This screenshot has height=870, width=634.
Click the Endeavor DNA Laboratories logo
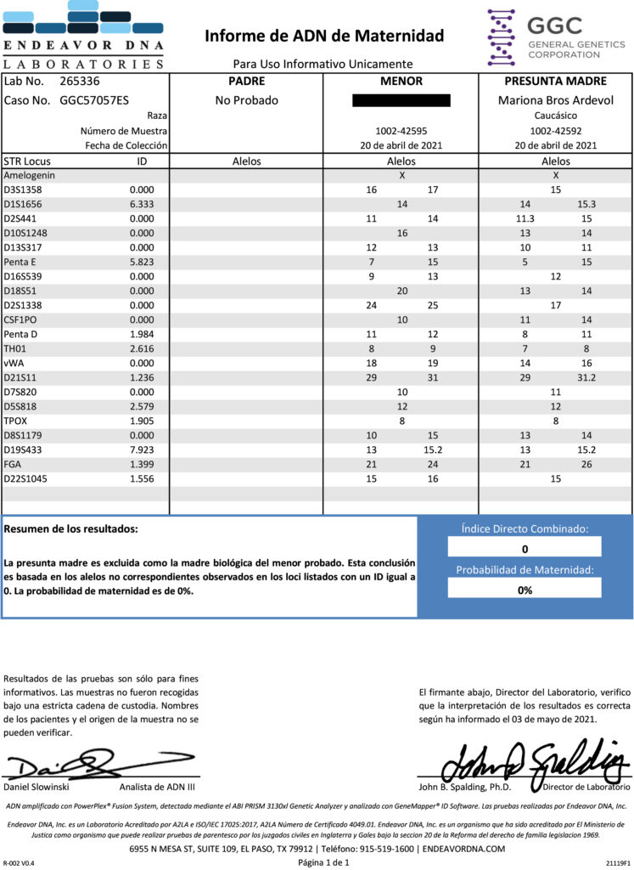pyautogui.click(x=82, y=35)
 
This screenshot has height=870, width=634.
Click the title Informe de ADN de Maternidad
pyautogui.click(x=323, y=36)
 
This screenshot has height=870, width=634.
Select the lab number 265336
pyautogui.click(x=80, y=82)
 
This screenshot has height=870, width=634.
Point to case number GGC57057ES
pyautogui.click(x=94, y=100)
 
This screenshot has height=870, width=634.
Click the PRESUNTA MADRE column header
pyautogui.click(x=555, y=82)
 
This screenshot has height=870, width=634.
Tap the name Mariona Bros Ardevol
pyautogui.click(x=555, y=100)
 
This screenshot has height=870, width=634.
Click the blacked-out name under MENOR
pyautogui.click(x=401, y=100)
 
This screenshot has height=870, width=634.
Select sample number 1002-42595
pyautogui.click(x=401, y=132)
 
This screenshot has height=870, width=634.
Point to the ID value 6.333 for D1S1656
pyautogui.click(x=142, y=204)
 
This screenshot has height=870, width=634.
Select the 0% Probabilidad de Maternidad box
pyautogui.click(x=525, y=590)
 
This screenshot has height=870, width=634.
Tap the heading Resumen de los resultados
pyautogui.click(x=70, y=529)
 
